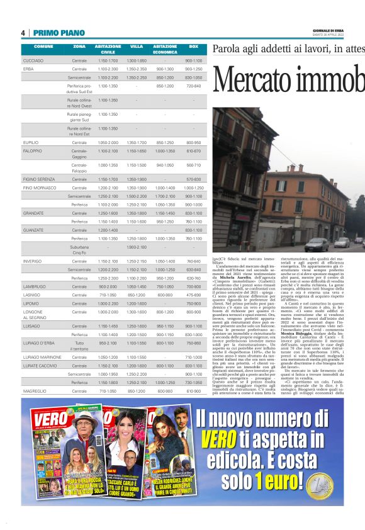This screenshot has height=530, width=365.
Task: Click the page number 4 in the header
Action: tap(23, 33)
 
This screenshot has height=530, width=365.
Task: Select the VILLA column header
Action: tap(136, 47)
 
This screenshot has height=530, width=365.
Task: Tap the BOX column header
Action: tap(193, 47)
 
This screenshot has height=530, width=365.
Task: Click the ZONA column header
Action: tap(79, 47)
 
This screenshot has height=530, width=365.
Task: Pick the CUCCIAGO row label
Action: tap(33, 60)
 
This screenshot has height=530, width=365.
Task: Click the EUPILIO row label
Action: tap(31, 143)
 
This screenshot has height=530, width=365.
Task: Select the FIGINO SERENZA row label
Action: tap(38, 179)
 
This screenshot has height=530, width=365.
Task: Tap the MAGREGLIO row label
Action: tap(35, 391)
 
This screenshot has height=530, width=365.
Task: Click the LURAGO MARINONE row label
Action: tap(42, 356)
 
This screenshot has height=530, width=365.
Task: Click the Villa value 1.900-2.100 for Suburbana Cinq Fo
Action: tap(136, 248)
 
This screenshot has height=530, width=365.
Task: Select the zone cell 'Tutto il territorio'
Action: tap(79, 345)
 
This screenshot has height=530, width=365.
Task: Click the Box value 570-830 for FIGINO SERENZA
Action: tap(193, 179)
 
